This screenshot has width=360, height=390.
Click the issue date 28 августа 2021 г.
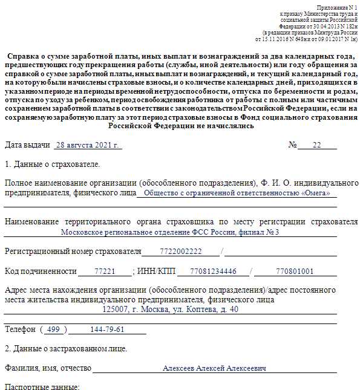pos(88,146)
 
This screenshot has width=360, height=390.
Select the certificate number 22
pos(316,146)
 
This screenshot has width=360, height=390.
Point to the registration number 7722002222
pos(181,252)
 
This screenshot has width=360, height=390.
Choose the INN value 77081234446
pos(208,271)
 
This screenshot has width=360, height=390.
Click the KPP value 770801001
pos(295,271)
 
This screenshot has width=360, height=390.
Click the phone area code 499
pos(54,330)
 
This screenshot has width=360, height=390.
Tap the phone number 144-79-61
pos(107,330)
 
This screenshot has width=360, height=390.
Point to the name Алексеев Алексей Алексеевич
pos(214,368)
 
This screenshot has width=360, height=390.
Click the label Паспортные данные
pos(42,386)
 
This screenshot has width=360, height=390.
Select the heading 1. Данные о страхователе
pos(53,164)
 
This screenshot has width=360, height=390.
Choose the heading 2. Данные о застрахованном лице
pos(66,349)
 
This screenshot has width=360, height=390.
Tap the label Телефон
pos(20,330)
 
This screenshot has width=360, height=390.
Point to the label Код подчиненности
pos(41,271)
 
